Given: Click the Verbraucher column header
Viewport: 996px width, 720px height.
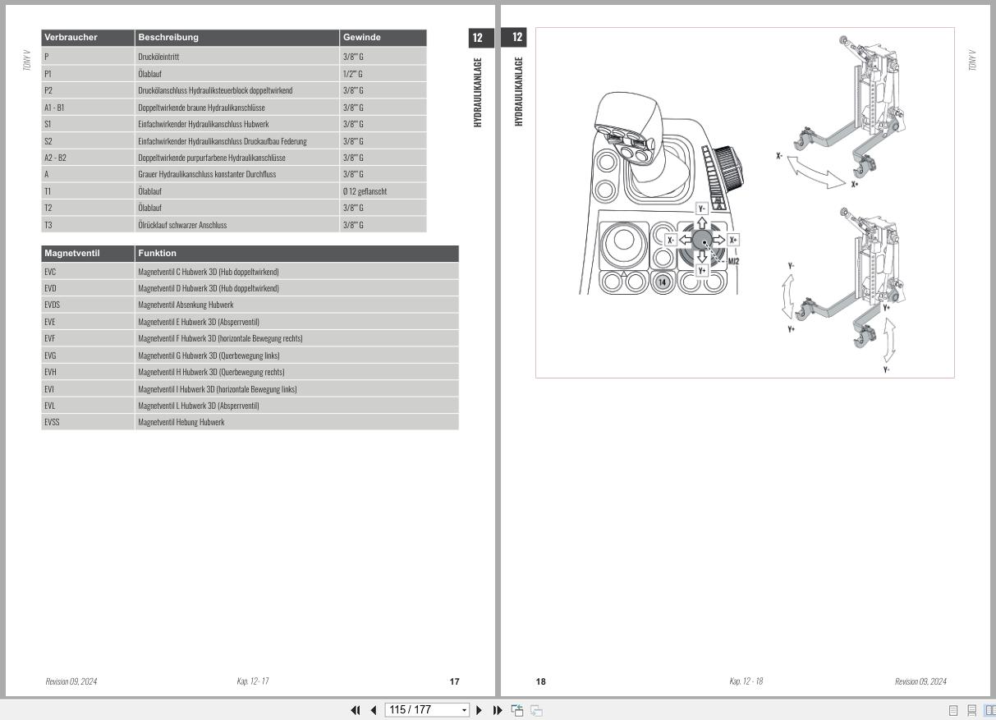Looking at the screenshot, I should coord(71,38).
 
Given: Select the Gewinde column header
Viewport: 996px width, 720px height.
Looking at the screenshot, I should coord(362,38).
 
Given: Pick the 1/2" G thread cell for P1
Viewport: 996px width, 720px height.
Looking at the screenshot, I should coord(353,74).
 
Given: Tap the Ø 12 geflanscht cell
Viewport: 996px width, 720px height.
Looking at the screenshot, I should coord(365,191).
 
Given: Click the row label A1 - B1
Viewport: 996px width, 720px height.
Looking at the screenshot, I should coord(56,108).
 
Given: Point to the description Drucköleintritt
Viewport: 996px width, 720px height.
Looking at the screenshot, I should coord(158,57).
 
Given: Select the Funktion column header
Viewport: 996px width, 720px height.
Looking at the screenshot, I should coord(157,254).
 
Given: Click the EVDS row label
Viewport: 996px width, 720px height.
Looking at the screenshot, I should coord(53,305).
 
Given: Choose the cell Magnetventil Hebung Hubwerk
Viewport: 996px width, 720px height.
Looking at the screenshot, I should coord(181,422).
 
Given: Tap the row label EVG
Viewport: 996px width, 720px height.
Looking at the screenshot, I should coord(50,355).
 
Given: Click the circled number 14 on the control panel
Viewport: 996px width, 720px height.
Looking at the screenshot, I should coord(663,282).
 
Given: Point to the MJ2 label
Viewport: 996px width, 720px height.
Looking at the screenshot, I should coord(733,261).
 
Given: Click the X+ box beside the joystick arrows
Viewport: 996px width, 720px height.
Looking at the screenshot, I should coord(733,240).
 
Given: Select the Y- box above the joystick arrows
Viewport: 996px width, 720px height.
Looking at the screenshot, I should coord(702,209).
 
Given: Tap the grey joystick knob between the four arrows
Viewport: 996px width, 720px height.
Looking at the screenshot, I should coord(702,240).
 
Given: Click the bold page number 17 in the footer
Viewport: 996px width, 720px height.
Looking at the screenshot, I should coord(454,681).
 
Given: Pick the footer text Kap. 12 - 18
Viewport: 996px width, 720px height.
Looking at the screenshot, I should coord(746,681).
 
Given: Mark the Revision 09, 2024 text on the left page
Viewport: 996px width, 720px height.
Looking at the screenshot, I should coord(71,681).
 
